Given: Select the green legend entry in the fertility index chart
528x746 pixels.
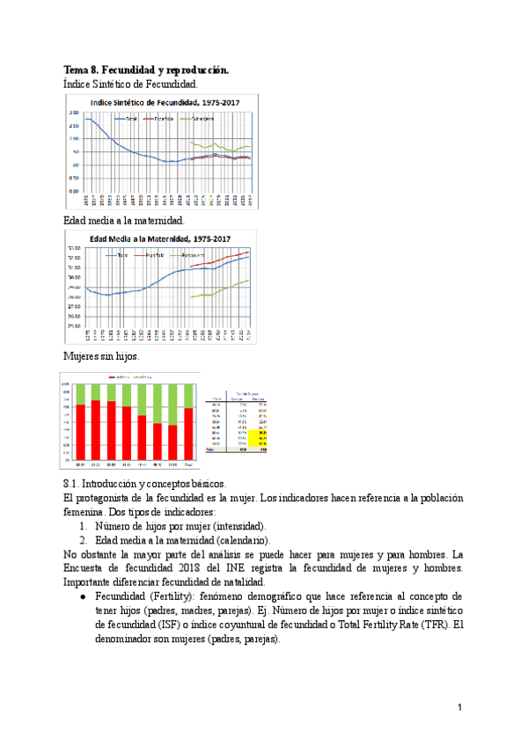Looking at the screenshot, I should [x=194, y=118].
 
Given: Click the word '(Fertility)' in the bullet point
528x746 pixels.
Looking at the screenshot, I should [x=181, y=596].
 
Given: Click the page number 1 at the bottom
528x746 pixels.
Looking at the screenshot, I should [x=459, y=707].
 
